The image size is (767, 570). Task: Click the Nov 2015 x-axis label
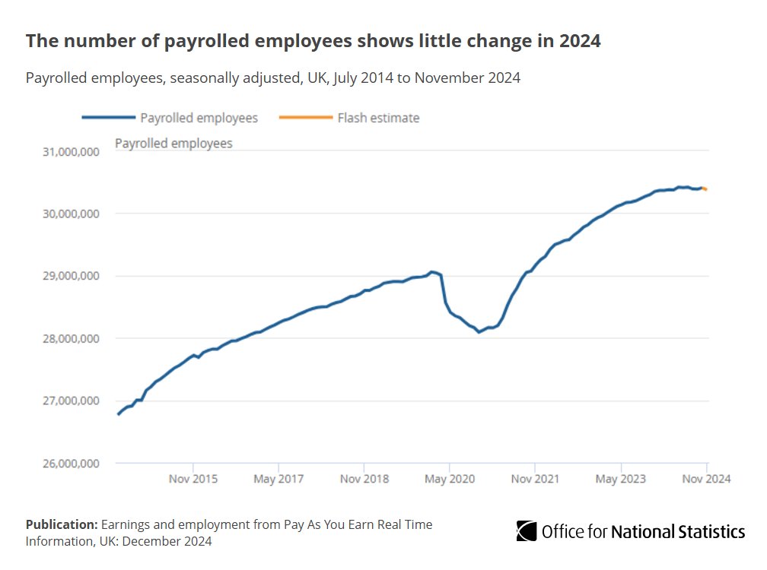coord(193,479)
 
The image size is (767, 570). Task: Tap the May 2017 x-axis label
coord(279,479)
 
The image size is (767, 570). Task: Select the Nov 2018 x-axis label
coord(364,479)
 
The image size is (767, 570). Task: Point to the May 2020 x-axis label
coord(450,479)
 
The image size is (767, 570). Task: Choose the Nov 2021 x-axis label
coord(536,479)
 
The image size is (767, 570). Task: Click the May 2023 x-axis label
coord(621,479)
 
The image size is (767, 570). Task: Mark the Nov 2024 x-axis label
coord(706,479)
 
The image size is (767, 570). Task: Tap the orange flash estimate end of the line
coord(705,188)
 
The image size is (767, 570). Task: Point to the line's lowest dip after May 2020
coord(479,332)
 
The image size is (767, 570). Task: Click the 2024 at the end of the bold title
coord(581,41)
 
